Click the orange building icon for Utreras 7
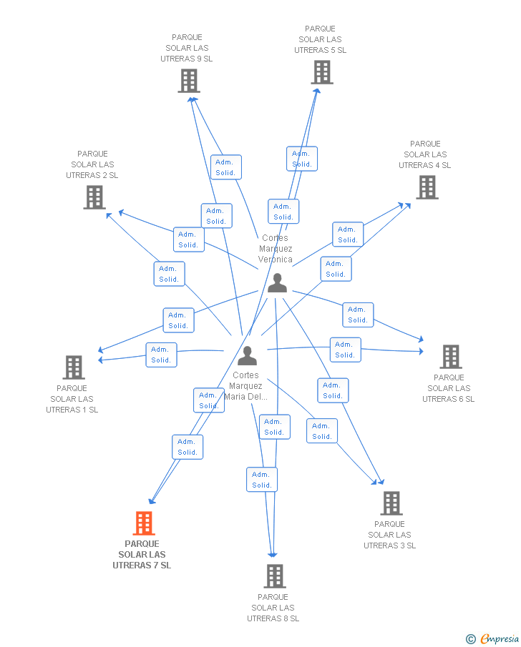[144, 523]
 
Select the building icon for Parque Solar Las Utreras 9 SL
[188, 81]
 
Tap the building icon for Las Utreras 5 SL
[322, 72]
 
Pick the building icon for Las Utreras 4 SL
[427, 187]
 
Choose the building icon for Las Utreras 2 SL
[94, 197]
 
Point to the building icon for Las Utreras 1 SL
[74, 367]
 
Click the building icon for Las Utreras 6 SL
[450, 356]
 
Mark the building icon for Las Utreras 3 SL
[391, 503]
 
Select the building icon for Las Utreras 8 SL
[274, 576]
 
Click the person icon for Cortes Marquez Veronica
[277, 284]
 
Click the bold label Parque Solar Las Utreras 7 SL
[142, 555]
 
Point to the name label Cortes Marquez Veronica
[276, 249]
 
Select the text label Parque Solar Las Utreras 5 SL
[320, 39]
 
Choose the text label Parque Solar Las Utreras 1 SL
[72, 399]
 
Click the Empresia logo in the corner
[500, 638]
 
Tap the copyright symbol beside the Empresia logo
[470, 638]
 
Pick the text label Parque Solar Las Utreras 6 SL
[449, 388]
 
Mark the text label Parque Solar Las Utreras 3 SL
[389, 535]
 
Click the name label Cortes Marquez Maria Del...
[246, 386]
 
